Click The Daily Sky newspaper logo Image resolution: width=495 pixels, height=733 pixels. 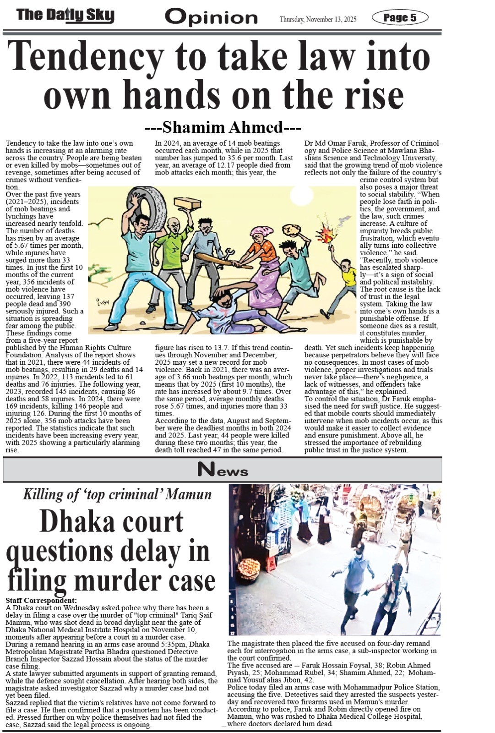click(x=65, y=16)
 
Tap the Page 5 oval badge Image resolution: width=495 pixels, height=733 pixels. click(x=400, y=18)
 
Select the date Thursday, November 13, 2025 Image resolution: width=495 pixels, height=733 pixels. click(x=318, y=19)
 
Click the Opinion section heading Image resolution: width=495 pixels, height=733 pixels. click(x=211, y=17)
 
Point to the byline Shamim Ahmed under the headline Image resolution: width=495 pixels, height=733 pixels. click(x=223, y=127)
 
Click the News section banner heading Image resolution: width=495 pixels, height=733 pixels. click(x=223, y=470)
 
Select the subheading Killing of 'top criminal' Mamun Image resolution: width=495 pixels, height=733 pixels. click(x=117, y=494)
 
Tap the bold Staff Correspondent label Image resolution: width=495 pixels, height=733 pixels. click(x=41, y=600)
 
